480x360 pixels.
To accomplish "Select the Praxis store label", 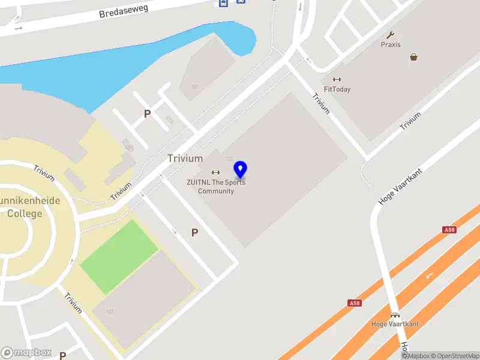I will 391,44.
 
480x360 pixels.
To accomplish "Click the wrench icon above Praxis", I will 391,35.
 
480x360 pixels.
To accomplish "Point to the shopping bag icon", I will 413,57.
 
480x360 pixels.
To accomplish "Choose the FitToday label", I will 337,89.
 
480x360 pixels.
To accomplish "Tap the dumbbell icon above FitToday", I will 337,79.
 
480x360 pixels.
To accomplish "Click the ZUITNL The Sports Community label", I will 216,187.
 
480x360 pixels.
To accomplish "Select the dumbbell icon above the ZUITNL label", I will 215,173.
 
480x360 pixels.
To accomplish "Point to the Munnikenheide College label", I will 27,208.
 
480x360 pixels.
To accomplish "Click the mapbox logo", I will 26,353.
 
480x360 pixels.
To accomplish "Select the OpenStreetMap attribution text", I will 454,356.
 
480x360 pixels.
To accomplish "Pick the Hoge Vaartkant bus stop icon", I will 395,315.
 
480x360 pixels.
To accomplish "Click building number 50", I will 194,87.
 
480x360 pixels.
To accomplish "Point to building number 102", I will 110,311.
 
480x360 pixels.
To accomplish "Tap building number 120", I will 229,159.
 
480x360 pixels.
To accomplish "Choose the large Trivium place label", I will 185,158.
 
